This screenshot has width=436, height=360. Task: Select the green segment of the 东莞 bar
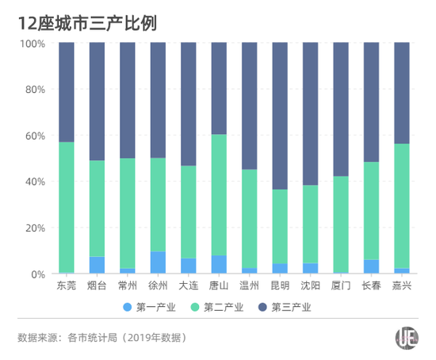66,206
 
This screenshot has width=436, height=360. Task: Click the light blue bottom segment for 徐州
158,262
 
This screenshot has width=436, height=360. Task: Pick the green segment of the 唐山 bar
219,195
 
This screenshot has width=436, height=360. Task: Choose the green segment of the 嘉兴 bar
402,206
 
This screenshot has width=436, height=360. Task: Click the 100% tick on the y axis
32,43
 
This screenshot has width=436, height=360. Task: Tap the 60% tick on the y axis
34,136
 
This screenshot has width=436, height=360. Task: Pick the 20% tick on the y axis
34,228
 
